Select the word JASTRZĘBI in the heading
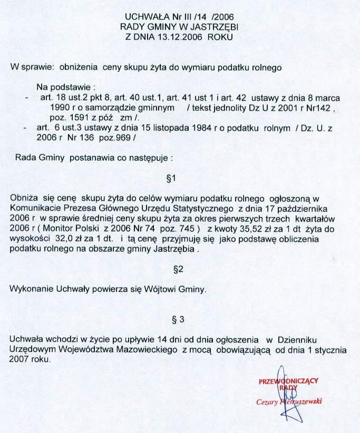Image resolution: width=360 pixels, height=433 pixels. coord(213,26)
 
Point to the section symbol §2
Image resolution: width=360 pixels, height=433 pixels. coord(178,269)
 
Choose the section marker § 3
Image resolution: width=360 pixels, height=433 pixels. coord(178,319)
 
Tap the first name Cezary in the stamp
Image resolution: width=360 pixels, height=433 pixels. coord(268,401)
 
